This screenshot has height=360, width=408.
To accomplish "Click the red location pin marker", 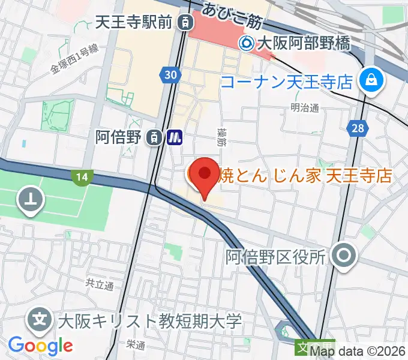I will pos(204,175).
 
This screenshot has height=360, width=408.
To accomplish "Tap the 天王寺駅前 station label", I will pos(134,23).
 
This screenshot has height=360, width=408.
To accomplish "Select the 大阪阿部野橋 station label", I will pos(302,43).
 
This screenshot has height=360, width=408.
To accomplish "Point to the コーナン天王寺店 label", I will pos(287,82).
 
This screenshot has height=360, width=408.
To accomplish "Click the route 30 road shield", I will pos(171,74).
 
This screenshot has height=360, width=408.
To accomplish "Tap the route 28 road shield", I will pos(358,127).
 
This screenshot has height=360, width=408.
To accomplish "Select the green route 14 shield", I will pos(82,176).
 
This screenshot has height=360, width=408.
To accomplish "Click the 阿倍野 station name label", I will pos(119,137).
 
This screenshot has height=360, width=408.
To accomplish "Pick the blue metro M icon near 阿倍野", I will pos(175,137).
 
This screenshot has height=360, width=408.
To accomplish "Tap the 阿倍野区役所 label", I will pos(275,257).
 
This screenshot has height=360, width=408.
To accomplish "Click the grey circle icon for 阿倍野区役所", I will pos(344,256).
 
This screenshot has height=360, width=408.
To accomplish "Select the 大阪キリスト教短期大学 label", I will pos(150,320).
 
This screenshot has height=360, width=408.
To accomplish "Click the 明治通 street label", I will pos(303,107).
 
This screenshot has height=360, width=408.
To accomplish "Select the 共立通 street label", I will pos(99,284).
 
